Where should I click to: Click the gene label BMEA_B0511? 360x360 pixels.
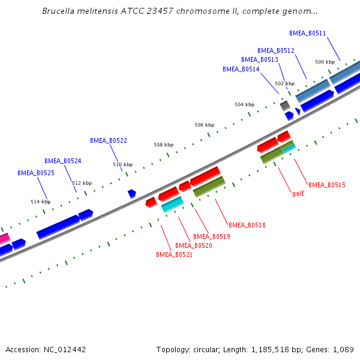pos(307,34)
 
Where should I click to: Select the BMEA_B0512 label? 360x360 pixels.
pos(276,51)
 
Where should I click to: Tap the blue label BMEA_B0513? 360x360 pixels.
pos(260,60)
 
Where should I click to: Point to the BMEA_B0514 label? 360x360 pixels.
pos(241,70)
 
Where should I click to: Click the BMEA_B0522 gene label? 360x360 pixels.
pos(109,141)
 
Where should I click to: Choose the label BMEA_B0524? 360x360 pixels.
pos(63,161)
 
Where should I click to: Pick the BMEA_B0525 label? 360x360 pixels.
pos(36,173)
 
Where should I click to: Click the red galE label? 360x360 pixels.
pos(299,194)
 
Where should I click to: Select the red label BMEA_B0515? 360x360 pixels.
pos(327,185)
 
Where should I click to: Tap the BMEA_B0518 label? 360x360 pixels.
pos(247,226)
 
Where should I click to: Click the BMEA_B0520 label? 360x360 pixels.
pos(194,246)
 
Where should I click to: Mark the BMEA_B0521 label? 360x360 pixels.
pos(175,255)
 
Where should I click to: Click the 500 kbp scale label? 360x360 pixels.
pos(325,62)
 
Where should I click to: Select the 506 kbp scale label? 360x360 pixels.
pos(204,125)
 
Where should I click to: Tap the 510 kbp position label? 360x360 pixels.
pos(122,164)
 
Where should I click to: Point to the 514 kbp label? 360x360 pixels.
pos(41,202)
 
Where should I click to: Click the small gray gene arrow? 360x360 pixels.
pos(285,106)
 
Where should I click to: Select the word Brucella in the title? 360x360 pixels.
pos(60,11)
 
